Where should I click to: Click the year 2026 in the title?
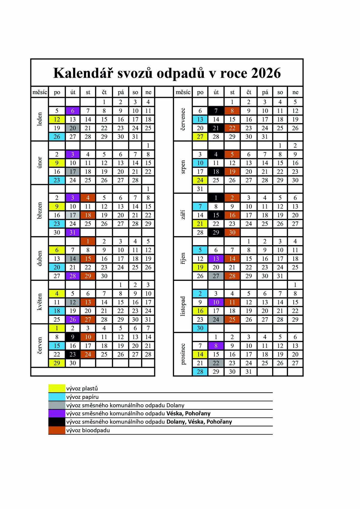(x=266, y=73)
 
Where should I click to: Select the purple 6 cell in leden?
(x=73, y=111)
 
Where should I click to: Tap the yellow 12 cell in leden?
(x=57, y=119)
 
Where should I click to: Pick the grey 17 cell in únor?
(x=73, y=172)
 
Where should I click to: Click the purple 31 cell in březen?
(x=73, y=232)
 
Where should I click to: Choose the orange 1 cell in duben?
(x=88, y=241)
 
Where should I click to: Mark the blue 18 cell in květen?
(x=57, y=311)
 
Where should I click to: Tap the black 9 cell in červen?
(x=73, y=337)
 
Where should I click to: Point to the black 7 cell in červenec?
(x=216, y=111)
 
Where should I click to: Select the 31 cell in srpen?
(x=200, y=189)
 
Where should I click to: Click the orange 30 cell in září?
(x=232, y=232)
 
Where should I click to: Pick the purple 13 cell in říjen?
(x=216, y=259)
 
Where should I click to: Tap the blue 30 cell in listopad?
(x=200, y=328)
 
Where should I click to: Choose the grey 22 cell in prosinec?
(x=216, y=363)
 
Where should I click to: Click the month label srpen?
(x=183, y=167)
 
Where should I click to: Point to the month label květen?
(x=40, y=302)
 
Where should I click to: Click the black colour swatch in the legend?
(x=57, y=422)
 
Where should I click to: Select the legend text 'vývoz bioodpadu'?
(x=88, y=430)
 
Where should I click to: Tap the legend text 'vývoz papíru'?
(x=82, y=397)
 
